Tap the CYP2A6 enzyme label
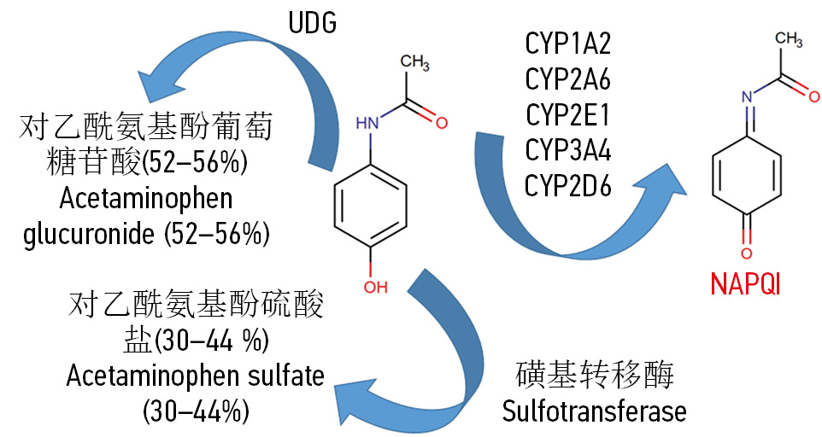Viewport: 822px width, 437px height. point(568,80)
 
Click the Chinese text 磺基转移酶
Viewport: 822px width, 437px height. point(596,375)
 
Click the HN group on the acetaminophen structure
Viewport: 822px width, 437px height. point(367,125)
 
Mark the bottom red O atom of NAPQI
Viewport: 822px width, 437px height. point(745,253)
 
